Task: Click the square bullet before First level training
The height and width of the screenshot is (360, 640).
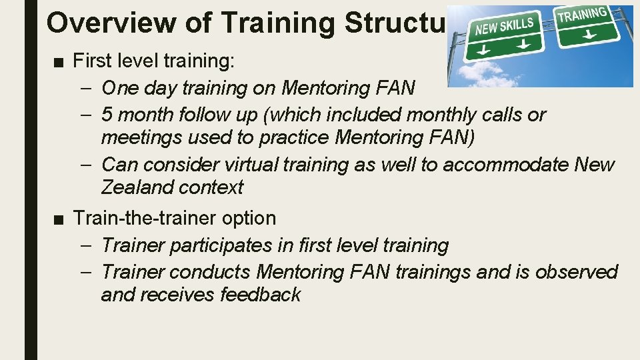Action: coord(59,61)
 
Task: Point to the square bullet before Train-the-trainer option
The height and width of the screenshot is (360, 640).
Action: coord(59,219)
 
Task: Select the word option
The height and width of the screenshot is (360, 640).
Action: coord(249,218)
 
